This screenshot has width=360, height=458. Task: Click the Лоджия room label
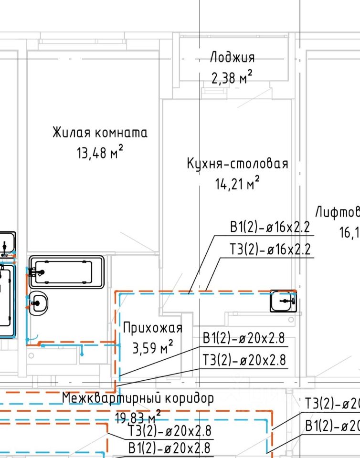[233, 57]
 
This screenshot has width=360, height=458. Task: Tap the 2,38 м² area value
[232, 77]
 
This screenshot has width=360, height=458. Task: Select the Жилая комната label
[100, 132]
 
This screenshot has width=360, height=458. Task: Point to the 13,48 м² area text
[100, 153]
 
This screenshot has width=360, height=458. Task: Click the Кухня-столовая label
[237, 164]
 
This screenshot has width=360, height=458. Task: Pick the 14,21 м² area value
[237, 183]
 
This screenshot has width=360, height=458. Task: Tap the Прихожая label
[153, 328]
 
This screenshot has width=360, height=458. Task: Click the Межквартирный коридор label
[138, 398]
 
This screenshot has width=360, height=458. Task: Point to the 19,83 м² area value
[138, 418]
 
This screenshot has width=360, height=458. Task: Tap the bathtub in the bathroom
[67, 272]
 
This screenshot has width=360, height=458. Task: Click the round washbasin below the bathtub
[38, 302]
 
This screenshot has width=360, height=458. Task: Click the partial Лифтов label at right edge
[337, 211]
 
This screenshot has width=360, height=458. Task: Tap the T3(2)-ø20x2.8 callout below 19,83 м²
[170, 431]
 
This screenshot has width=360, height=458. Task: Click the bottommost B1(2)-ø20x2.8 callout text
[170, 448]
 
